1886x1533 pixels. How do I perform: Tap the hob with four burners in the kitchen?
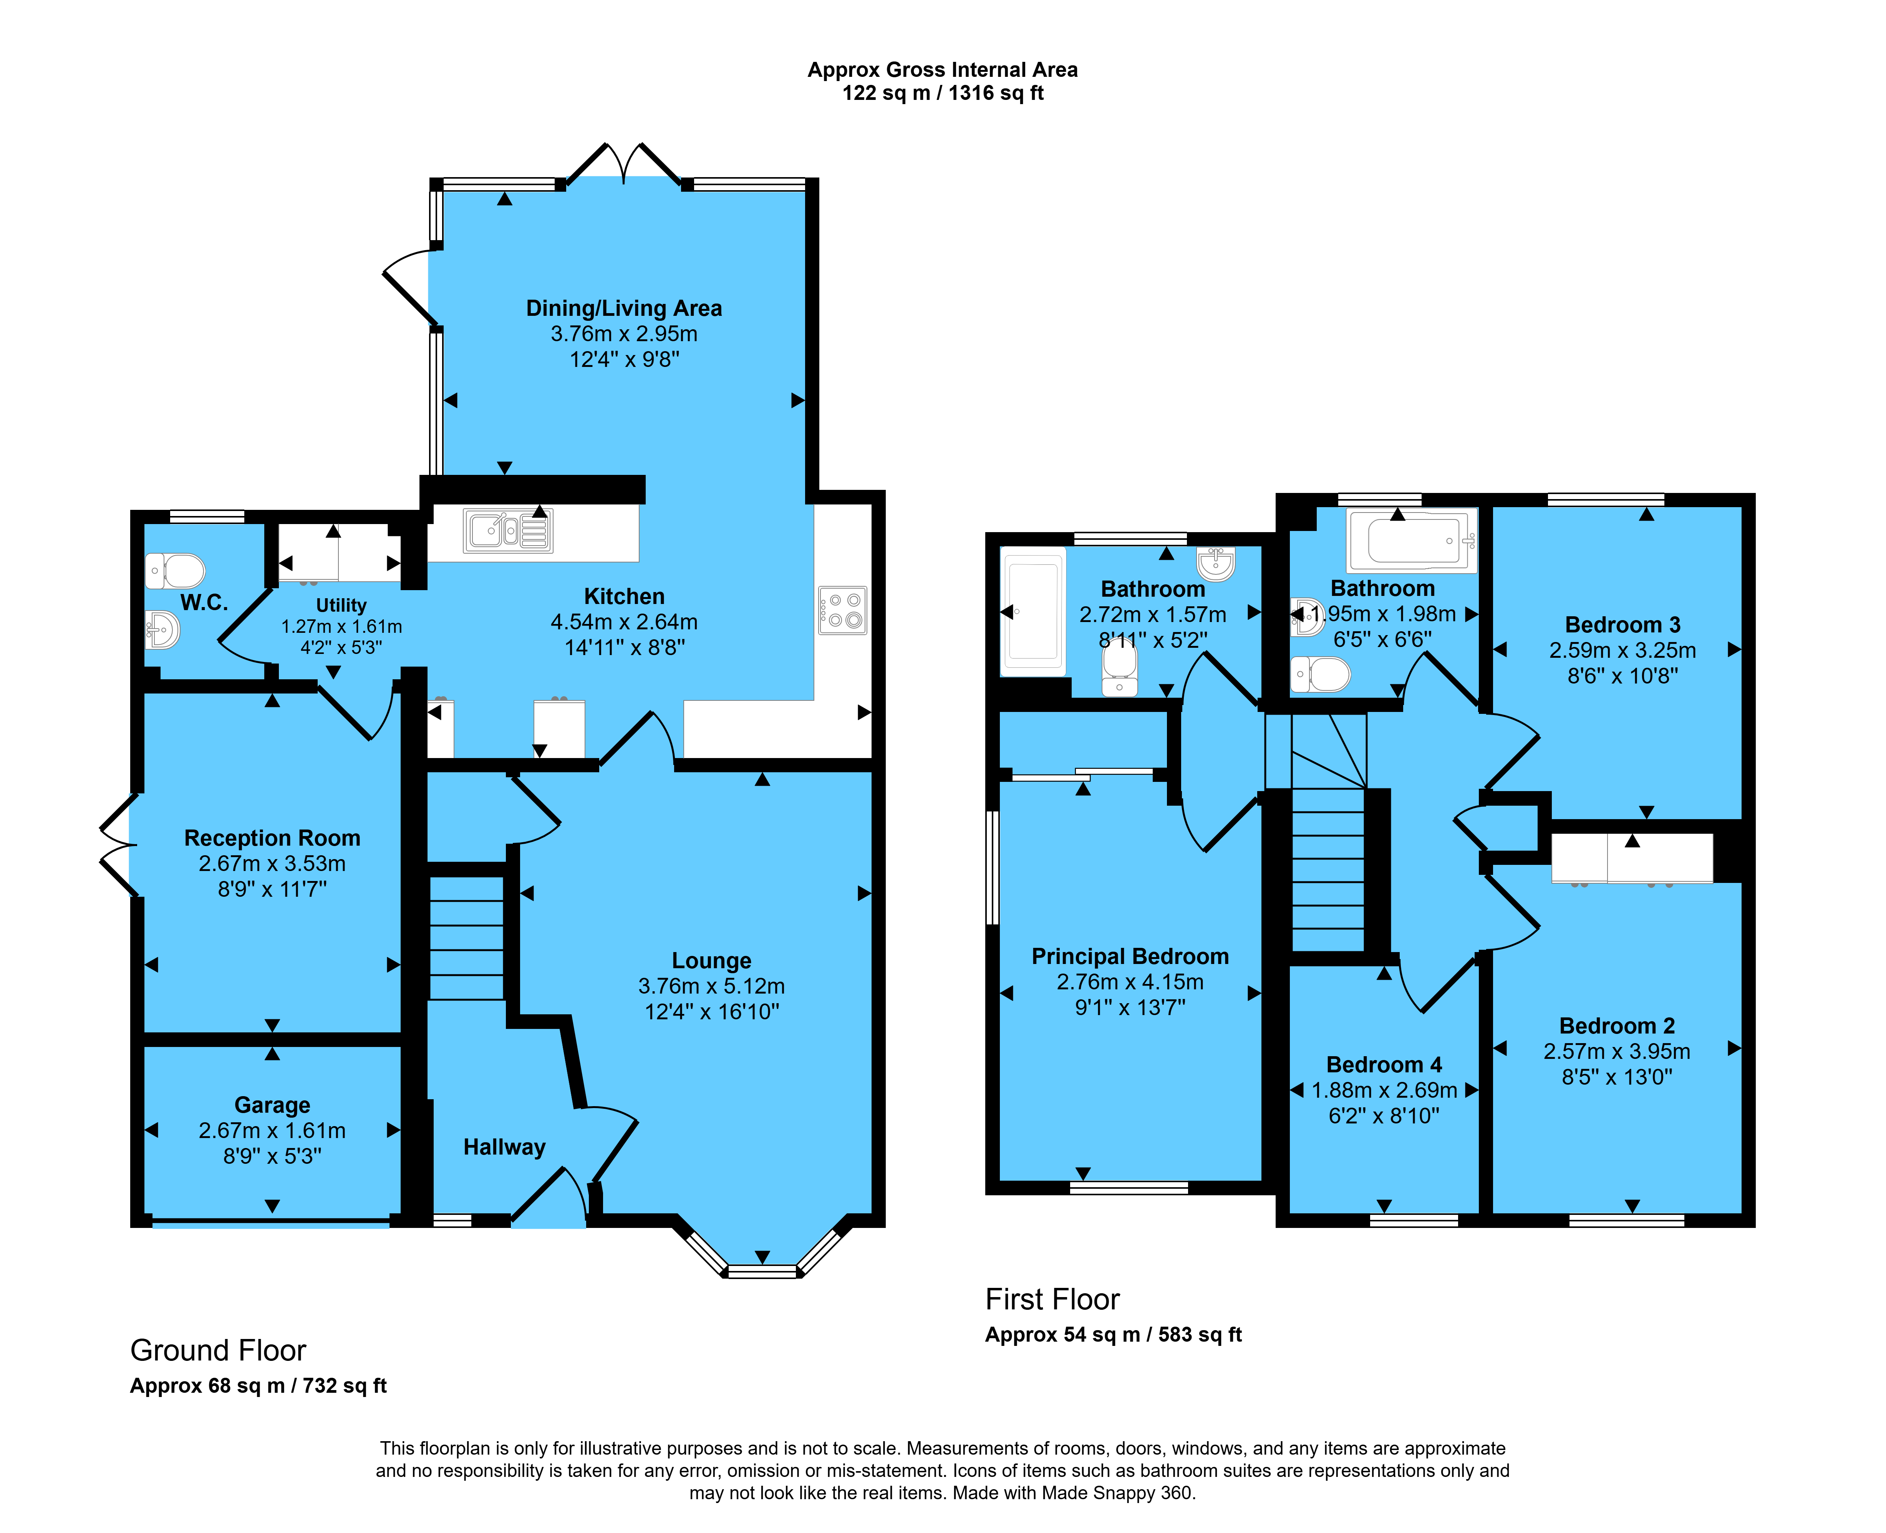click(842, 610)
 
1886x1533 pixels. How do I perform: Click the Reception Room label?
click(272, 838)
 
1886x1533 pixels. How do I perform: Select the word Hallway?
click(504, 1147)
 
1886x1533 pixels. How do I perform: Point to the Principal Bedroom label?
click(1130, 956)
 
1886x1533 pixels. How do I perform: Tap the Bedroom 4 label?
click(1384, 1065)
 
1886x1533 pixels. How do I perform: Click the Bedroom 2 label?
click(1617, 1026)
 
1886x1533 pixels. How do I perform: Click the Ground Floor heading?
click(218, 1350)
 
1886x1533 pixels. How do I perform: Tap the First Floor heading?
click(1052, 1299)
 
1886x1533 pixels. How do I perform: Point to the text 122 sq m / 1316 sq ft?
click(943, 93)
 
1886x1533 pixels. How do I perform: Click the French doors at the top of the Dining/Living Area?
click(623, 164)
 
